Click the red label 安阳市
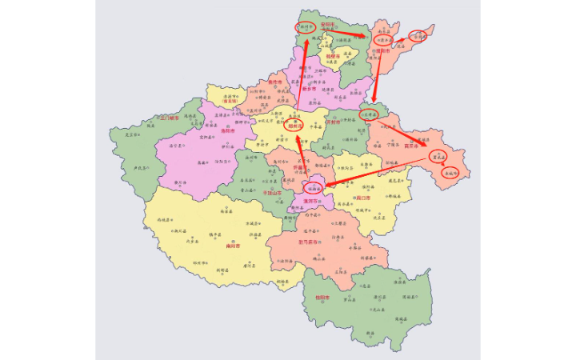(x=327, y=25)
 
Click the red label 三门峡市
(x=170, y=117)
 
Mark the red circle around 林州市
(x=306, y=26)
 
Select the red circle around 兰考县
(x=369, y=114)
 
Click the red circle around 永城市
(x=450, y=172)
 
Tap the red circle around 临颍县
(x=314, y=190)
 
